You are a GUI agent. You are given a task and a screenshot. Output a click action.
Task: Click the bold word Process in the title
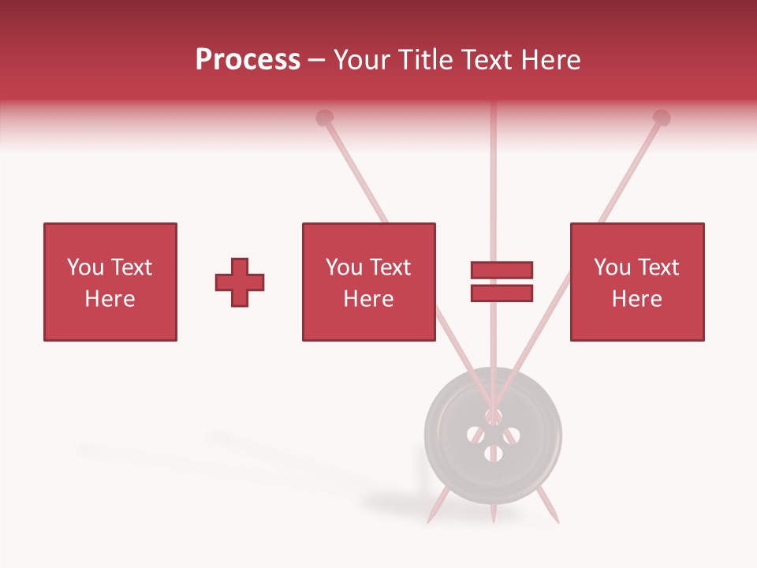[248, 60]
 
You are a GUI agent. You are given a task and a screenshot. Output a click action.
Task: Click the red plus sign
[240, 282]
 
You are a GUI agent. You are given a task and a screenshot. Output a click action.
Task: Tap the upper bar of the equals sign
[502, 271]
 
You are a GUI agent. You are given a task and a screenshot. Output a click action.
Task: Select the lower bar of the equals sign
[502, 293]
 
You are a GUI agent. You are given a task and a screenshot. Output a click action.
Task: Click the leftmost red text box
[110, 282]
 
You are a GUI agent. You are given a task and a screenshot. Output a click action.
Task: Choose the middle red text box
[368, 282]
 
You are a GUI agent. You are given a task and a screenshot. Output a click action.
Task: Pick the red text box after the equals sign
[637, 282]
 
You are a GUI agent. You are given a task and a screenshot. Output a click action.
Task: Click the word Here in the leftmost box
[110, 299]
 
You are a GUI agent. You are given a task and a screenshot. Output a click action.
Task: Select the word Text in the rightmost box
[658, 267]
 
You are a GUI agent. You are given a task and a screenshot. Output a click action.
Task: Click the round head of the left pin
[324, 118]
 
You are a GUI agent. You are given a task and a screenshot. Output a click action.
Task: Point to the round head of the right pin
[662, 118]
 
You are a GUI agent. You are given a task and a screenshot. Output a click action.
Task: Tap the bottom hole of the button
[494, 453]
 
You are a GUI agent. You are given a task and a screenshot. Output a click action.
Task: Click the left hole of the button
[475, 434]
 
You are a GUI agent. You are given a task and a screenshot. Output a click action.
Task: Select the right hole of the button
[511, 434]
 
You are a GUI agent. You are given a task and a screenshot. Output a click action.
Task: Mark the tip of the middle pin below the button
[493, 520]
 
